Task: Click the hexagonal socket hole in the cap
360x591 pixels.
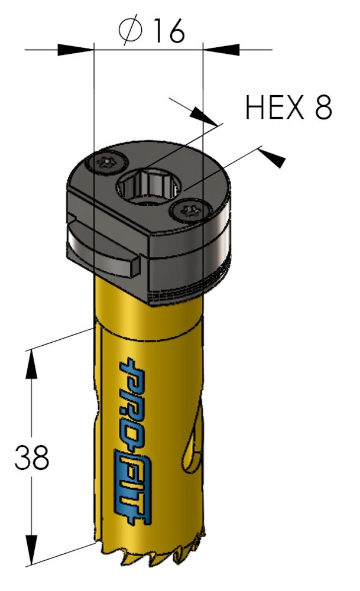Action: coord(147,188)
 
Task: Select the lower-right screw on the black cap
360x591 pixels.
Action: coord(189,210)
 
